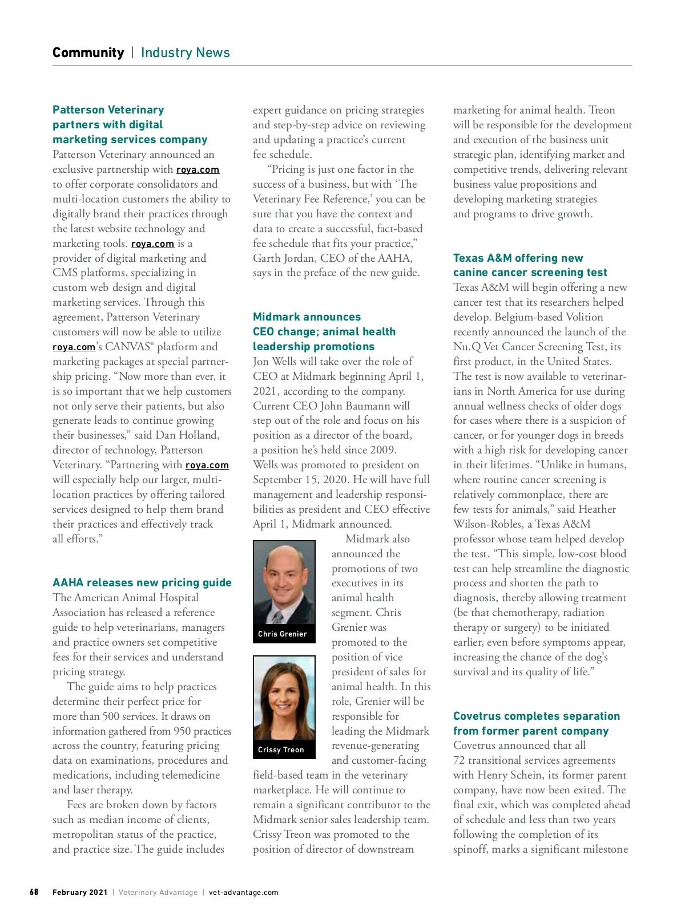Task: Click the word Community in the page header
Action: pos(88,52)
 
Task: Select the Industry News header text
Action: pos(185,52)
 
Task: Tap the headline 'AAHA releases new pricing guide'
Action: pos(142,582)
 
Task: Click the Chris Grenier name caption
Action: pos(283,634)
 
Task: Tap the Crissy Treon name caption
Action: pos(281,749)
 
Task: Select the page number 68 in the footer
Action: pos(34,892)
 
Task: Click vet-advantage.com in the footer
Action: pos(244,893)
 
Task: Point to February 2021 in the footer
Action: pos(80,893)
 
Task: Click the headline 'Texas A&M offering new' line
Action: pos(518,258)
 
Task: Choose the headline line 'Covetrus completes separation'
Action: pos(536,716)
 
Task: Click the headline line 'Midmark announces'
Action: pos(307,317)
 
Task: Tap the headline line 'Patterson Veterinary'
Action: pos(108,110)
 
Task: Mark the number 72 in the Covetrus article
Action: pos(460,760)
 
